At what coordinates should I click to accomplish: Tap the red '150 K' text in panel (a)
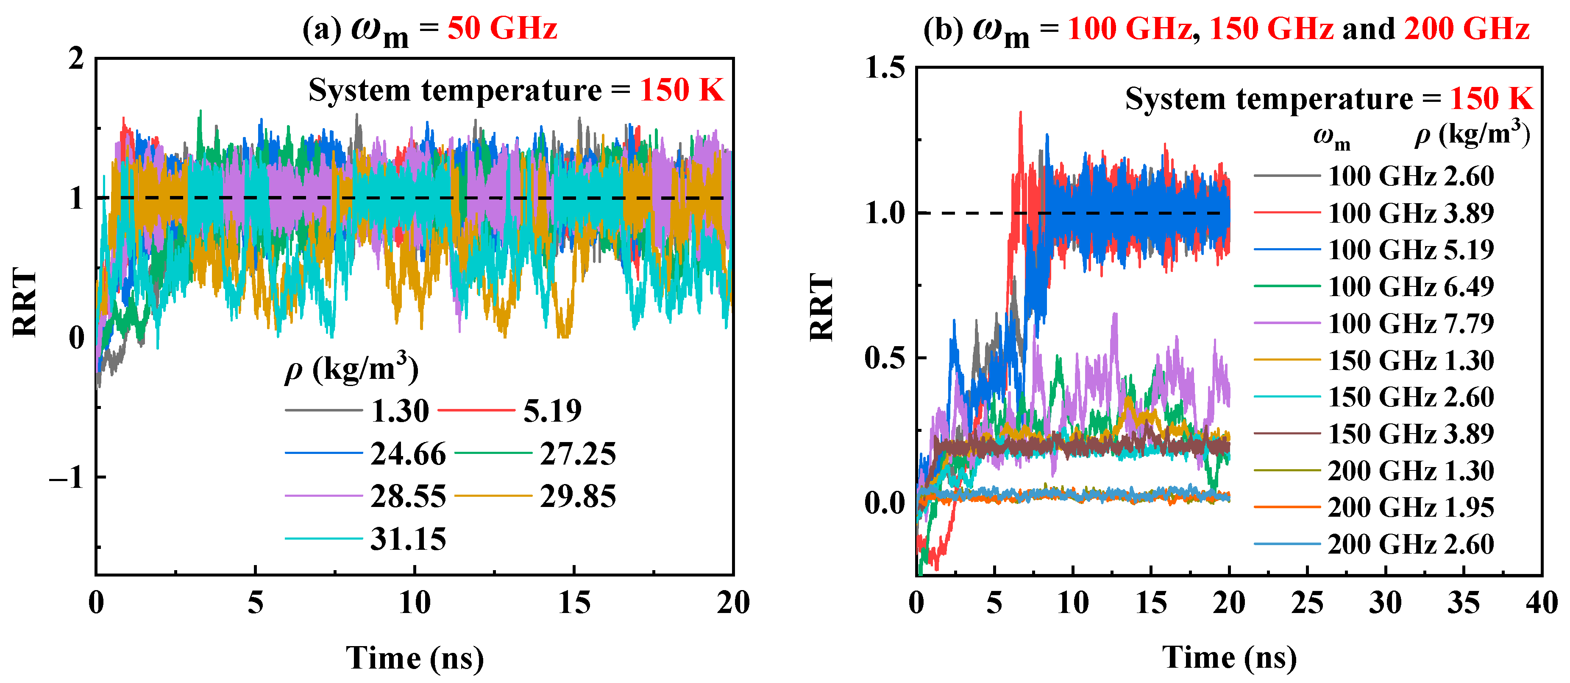click(682, 91)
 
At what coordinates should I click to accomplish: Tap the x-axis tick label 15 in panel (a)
click(573, 603)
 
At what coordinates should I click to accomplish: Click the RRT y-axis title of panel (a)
click(25, 302)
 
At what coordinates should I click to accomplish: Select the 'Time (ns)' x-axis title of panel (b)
click(1229, 658)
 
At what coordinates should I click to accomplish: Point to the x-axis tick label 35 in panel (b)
click(1463, 603)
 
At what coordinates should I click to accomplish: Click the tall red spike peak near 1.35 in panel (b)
click(1020, 113)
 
